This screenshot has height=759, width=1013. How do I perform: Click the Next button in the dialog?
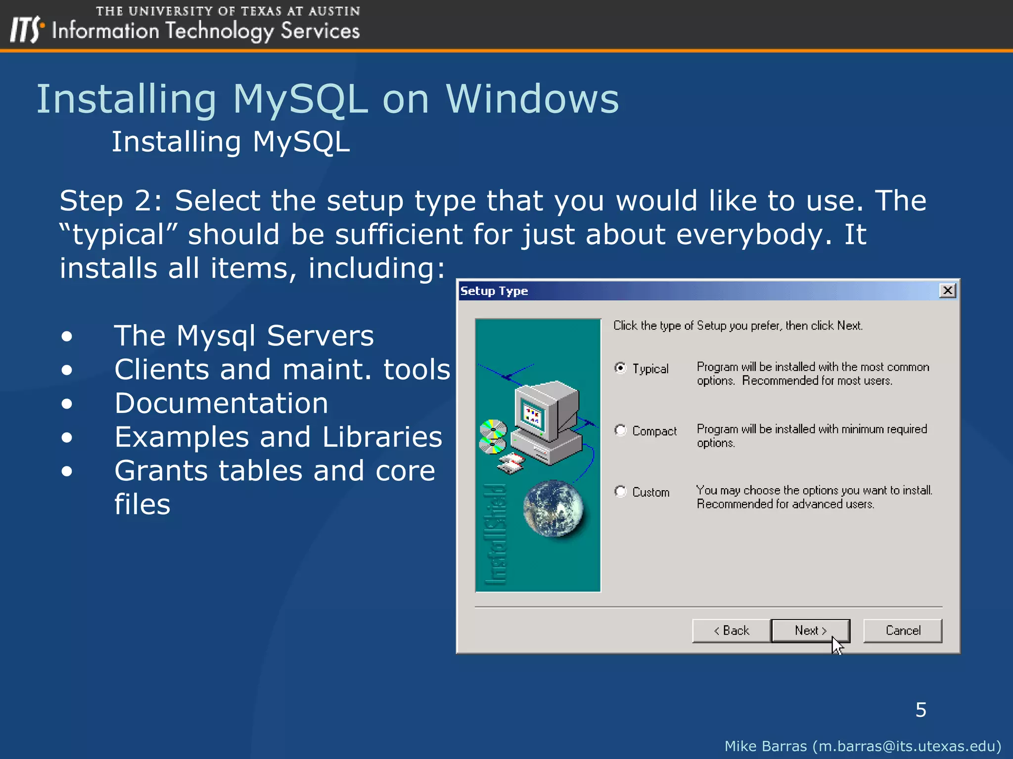810,631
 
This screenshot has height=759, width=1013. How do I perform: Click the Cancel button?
903,631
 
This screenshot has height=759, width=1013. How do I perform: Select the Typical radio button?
620,368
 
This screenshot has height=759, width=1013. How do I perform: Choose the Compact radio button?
620,430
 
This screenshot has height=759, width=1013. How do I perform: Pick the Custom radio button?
620,491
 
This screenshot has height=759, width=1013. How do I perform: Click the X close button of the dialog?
947,291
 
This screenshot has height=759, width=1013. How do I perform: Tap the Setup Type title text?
494,291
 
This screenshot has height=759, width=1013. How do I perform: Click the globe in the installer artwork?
553,508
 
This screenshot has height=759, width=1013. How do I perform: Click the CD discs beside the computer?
493,436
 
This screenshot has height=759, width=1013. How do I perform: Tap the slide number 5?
921,710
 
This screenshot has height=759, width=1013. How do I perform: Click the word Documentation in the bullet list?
221,403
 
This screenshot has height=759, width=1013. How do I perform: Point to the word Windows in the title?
532,99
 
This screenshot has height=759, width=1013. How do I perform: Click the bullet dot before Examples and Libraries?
67,437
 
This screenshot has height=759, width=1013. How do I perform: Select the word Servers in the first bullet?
320,336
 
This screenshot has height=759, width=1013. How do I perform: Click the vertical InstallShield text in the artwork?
496,534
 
